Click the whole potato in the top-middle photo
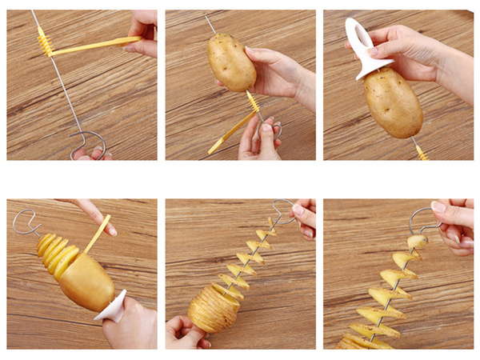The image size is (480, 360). pyautogui.click(x=231, y=62)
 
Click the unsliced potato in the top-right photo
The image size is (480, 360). pyautogui.click(x=393, y=102)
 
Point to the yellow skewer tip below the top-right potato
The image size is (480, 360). pyautogui.click(x=420, y=151)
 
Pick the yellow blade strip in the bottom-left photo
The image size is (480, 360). pyautogui.click(x=97, y=233)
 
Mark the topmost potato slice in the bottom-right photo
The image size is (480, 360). pyautogui.click(x=417, y=241)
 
